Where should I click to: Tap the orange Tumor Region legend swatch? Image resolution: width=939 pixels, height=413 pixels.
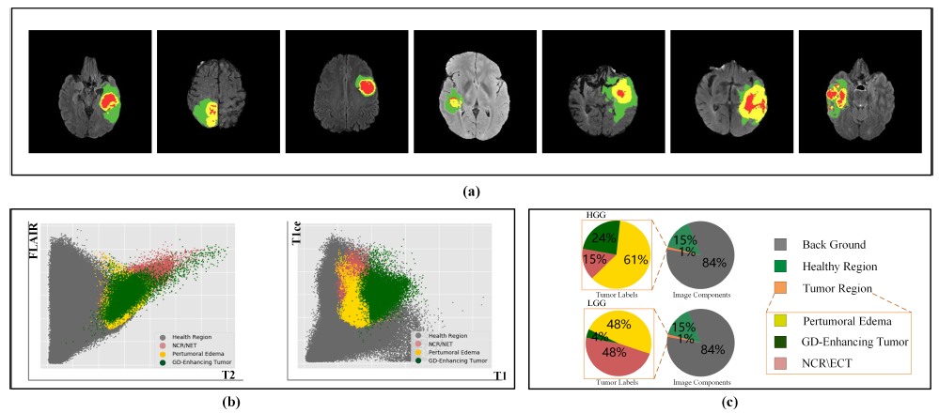pos(776,289)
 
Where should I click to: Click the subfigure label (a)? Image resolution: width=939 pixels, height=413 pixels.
pos(472,191)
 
